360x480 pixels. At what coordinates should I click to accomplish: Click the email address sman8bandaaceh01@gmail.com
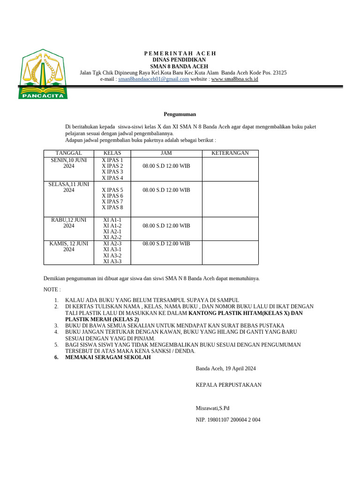154,79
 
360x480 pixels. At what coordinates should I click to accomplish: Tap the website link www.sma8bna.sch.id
234,79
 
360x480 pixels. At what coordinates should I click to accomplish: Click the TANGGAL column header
69,153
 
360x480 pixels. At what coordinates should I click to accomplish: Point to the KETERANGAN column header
230,153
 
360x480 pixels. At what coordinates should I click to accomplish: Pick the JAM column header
166,153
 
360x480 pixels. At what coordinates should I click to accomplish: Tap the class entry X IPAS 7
112,202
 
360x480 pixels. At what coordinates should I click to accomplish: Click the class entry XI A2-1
112,232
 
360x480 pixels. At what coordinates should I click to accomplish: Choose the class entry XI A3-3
112,262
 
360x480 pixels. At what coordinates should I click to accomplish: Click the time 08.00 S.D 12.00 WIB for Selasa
166,190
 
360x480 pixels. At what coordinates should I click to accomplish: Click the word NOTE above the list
52,290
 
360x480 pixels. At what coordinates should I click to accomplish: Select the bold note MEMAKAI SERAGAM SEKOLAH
108,358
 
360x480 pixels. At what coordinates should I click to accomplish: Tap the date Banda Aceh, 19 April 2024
225,368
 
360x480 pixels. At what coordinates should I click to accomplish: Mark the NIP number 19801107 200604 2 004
228,420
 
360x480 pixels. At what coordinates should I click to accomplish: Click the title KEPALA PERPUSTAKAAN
228,385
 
